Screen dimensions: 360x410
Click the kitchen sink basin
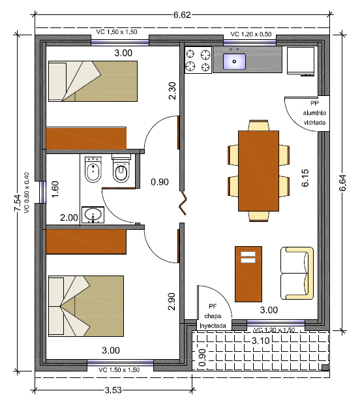(x=234, y=62)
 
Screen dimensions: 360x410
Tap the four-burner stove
(x=198, y=60)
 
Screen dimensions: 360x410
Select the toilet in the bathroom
(x=121, y=168)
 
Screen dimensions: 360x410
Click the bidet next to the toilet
(x=93, y=170)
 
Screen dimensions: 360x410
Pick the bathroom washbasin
(x=93, y=215)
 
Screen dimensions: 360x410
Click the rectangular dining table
(x=258, y=171)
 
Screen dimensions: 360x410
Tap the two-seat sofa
(x=297, y=274)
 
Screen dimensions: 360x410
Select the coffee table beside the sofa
(x=248, y=274)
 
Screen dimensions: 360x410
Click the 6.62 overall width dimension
(x=182, y=15)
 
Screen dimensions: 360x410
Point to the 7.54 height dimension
(x=18, y=202)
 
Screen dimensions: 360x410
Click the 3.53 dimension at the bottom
(x=113, y=390)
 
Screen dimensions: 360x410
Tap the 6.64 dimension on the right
(x=342, y=183)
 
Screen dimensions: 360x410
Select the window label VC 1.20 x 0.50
(x=251, y=34)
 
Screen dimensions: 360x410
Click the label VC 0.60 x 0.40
(x=27, y=193)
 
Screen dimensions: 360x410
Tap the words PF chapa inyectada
(x=213, y=316)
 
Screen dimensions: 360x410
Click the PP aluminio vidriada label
(x=314, y=113)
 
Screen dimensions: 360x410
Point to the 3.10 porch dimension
(x=260, y=341)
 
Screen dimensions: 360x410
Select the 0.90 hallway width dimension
(x=160, y=181)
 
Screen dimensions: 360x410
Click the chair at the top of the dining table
(x=258, y=125)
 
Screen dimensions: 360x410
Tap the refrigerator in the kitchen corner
(x=301, y=61)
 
